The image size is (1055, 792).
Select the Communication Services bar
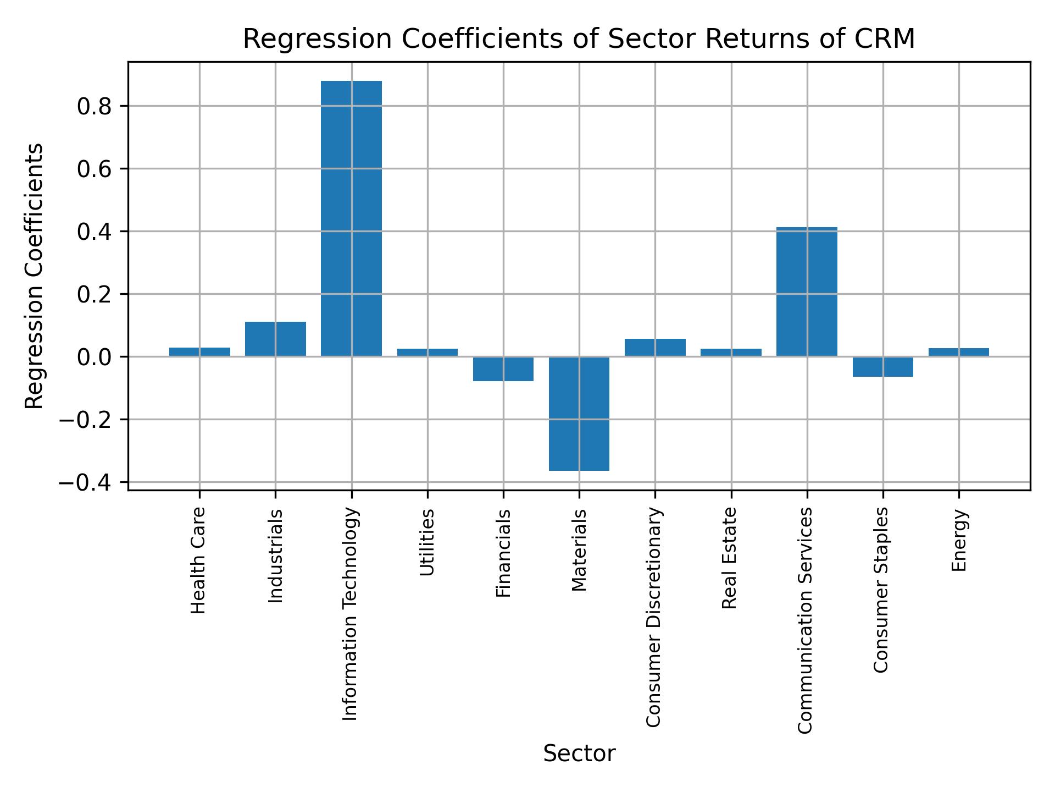pyautogui.click(x=807, y=291)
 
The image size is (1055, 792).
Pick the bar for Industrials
pyautogui.click(x=275, y=339)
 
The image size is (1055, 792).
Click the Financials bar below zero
pyautogui.click(x=503, y=369)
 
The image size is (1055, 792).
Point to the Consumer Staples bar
pyautogui.click(x=882, y=367)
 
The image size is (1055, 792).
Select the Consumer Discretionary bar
pyautogui.click(x=655, y=348)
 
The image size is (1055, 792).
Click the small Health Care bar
pyautogui.click(x=199, y=352)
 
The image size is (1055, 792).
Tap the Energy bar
pyautogui.click(x=958, y=352)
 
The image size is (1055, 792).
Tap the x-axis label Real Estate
pyautogui.click(x=729, y=558)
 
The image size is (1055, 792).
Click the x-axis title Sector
pyautogui.click(x=579, y=754)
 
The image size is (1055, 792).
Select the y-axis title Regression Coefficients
pyautogui.click(x=34, y=276)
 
